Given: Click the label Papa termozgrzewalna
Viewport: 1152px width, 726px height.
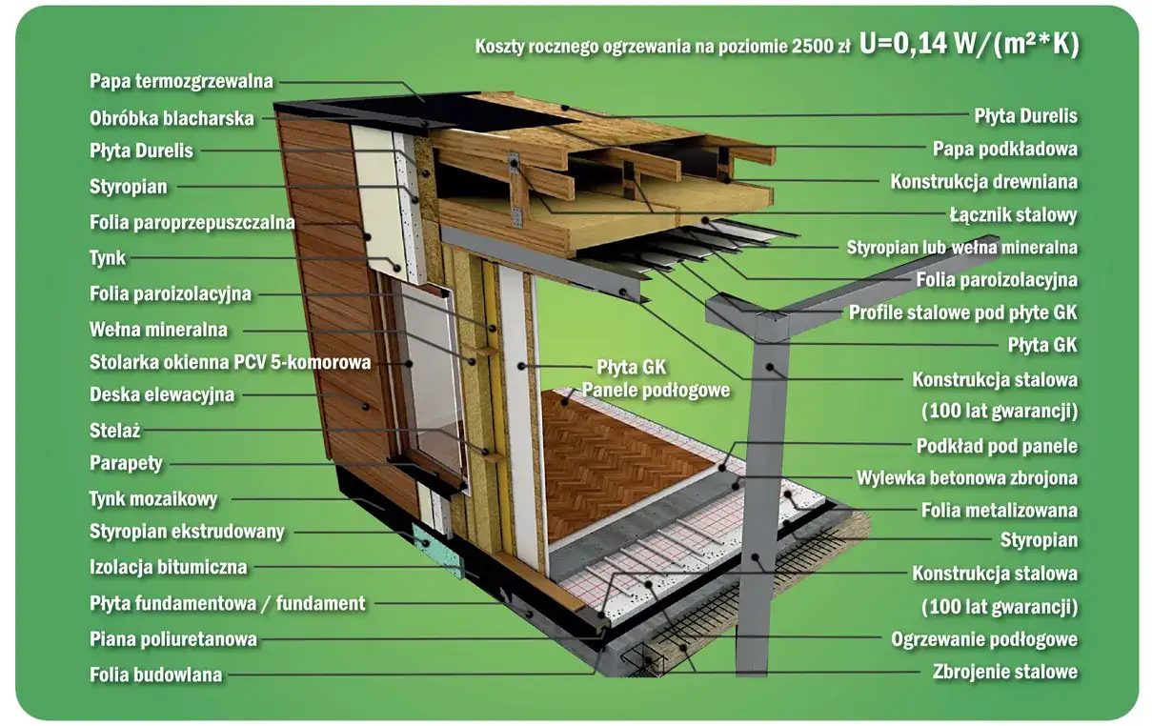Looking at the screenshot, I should click(x=181, y=81).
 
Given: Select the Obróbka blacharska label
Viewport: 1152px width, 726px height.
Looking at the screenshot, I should click(x=172, y=119).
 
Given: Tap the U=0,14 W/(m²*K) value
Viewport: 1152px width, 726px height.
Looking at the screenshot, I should click(x=968, y=45).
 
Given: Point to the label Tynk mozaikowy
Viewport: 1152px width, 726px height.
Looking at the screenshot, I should click(x=153, y=498).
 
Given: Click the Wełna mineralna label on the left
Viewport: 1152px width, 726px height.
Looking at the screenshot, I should click(x=158, y=330).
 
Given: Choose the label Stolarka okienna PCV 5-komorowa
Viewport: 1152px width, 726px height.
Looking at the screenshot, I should click(x=230, y=362).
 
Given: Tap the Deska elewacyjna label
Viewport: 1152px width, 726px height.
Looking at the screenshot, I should click(x=161, y=394).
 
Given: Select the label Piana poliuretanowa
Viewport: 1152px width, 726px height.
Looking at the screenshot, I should click(x=172, y=638).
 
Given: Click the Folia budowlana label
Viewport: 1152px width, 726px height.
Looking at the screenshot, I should click(x=155, y=675).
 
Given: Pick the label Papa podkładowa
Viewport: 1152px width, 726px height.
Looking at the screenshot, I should click(x=1005, y=149).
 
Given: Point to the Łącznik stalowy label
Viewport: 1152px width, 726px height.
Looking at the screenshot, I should click(x=1013, y=214).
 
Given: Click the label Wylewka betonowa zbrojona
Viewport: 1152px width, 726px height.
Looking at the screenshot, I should click(x=967, y=477).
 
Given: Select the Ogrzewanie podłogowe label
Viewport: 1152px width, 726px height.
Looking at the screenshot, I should click(x=984, y=638).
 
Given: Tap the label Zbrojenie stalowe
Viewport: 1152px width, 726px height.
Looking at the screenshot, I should click(x=1005, y=672).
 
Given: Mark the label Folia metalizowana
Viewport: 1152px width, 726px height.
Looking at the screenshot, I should click(x=1000, y=510).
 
